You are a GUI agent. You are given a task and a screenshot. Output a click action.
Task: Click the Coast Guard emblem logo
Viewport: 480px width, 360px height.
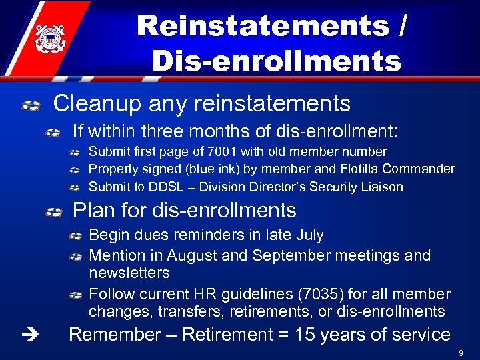click(47, 39)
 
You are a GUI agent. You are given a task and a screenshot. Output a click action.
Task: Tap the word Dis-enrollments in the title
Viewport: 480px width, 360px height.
click(277, 61)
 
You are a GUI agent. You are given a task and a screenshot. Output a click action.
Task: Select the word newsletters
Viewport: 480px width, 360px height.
click(129, 273)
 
